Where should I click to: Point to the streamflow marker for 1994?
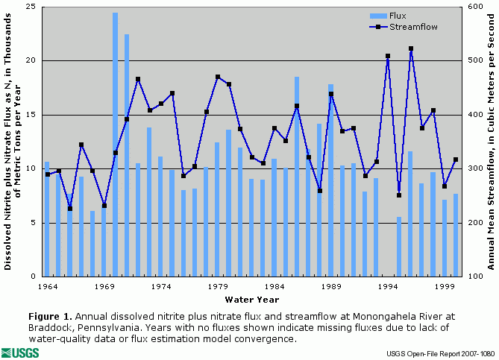click(388, 56)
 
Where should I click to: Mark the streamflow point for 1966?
click(70, 209)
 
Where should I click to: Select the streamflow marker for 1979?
click(218, 77)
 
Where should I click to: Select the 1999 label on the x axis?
click(445, 286)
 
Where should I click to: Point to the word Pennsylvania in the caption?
click(102, 328)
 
